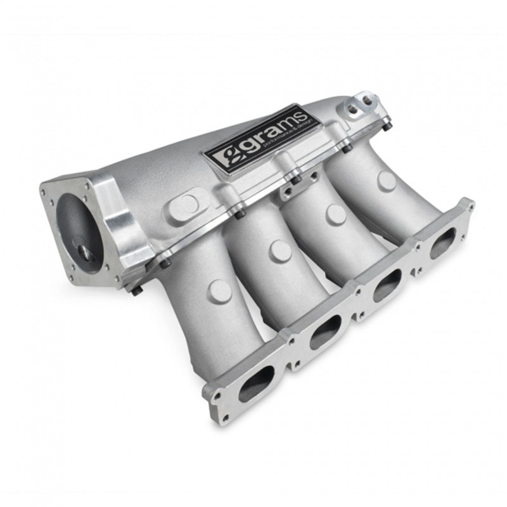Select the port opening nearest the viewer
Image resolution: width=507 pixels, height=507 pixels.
(257, 384)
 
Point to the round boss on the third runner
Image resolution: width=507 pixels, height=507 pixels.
(336, 214)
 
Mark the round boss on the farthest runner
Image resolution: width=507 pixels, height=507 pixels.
(386, 181)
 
